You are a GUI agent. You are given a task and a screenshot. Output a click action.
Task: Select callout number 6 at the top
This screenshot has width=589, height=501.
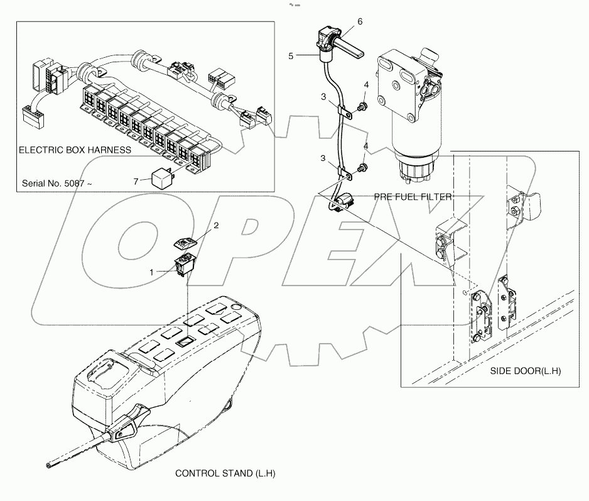click(x=360, y=21)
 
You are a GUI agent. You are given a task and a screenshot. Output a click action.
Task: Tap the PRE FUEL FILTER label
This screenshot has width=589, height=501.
click(x=413, y=197)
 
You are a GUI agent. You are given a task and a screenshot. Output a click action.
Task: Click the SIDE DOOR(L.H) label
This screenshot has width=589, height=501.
click(x=525, y=372)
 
